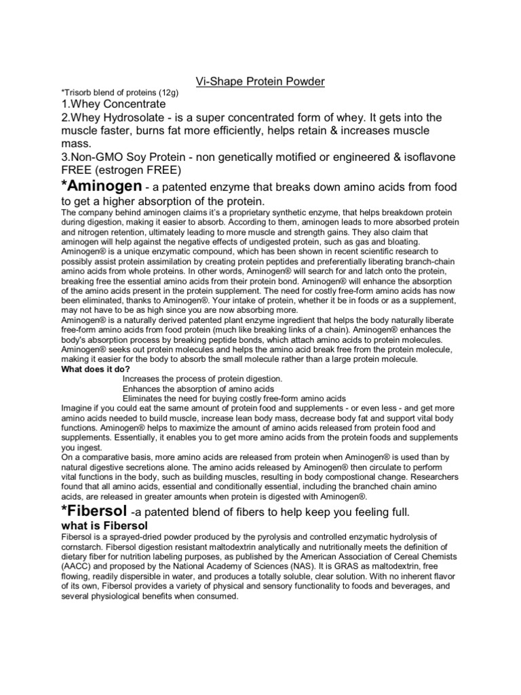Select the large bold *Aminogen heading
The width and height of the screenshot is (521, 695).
101,186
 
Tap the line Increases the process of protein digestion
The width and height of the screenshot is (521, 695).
206,379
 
